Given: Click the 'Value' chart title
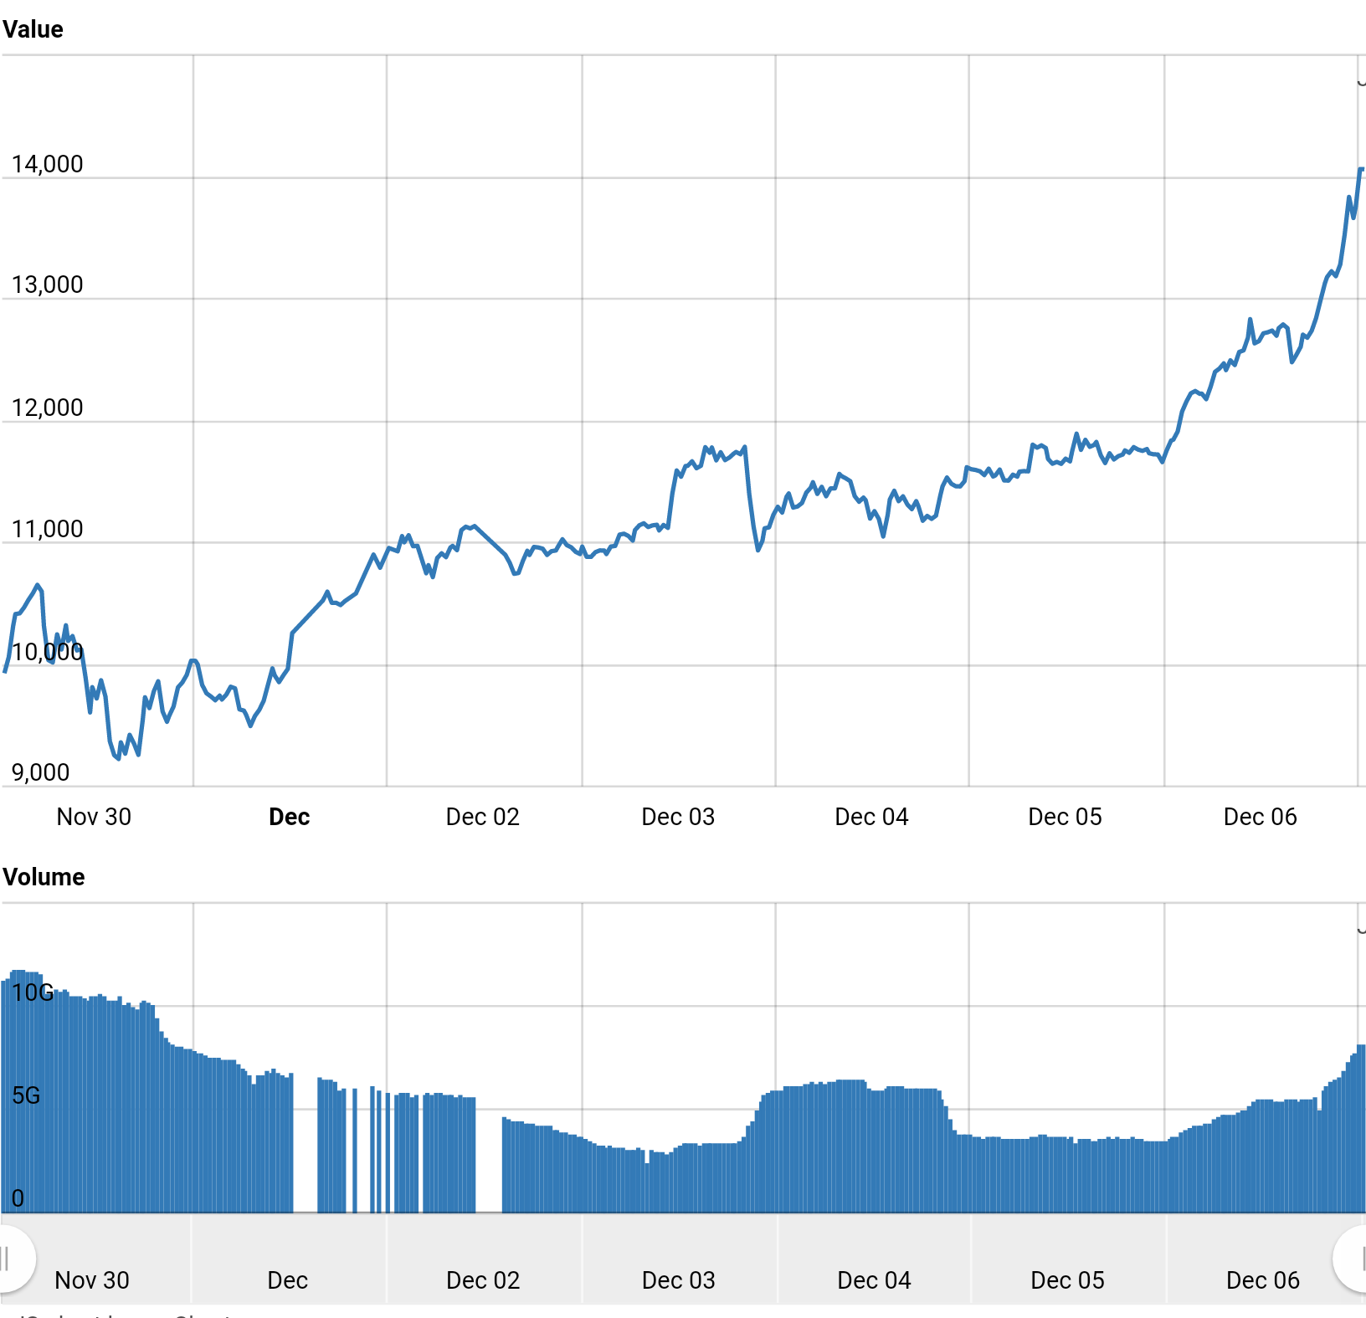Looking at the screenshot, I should tap(33, 29).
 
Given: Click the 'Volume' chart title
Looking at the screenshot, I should tap(44, 877).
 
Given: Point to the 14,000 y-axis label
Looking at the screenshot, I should tap(47, 164).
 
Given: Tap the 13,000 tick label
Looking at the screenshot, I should tap(47, 285).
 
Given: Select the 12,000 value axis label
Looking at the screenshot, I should tap(47, 408).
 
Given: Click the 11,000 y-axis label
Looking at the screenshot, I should tap(47, 529).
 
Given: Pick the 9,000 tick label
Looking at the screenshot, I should tap(40, 772).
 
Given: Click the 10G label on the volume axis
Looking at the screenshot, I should tap(33, 992).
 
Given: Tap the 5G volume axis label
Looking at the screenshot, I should tap(26, 1095).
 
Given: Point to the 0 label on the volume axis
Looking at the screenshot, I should tap(18, 1198).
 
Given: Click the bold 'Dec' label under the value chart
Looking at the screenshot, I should tap(289, 817).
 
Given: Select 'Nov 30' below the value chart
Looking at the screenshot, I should tap(94, 817).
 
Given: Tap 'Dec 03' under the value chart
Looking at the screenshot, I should tap(678, 817).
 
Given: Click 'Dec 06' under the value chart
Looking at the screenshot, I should tap(1260, 817).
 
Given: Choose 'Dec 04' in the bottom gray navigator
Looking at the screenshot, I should tap(874, 1280).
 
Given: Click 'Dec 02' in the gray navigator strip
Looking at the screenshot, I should tap(483, 1280).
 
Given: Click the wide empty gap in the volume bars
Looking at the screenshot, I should tap(489, 1155).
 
